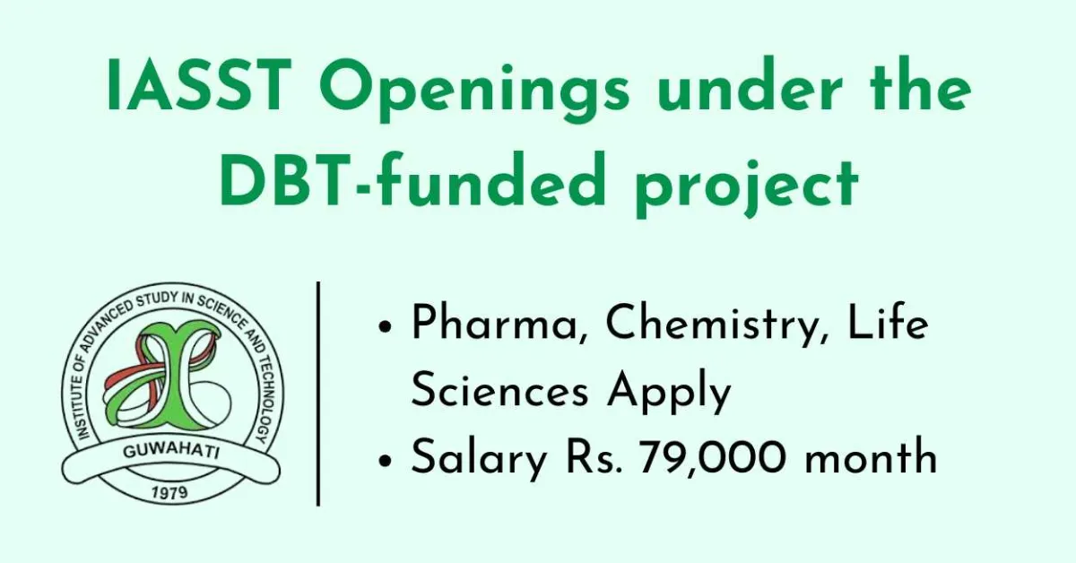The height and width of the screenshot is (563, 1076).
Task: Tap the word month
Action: pos(871,459)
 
